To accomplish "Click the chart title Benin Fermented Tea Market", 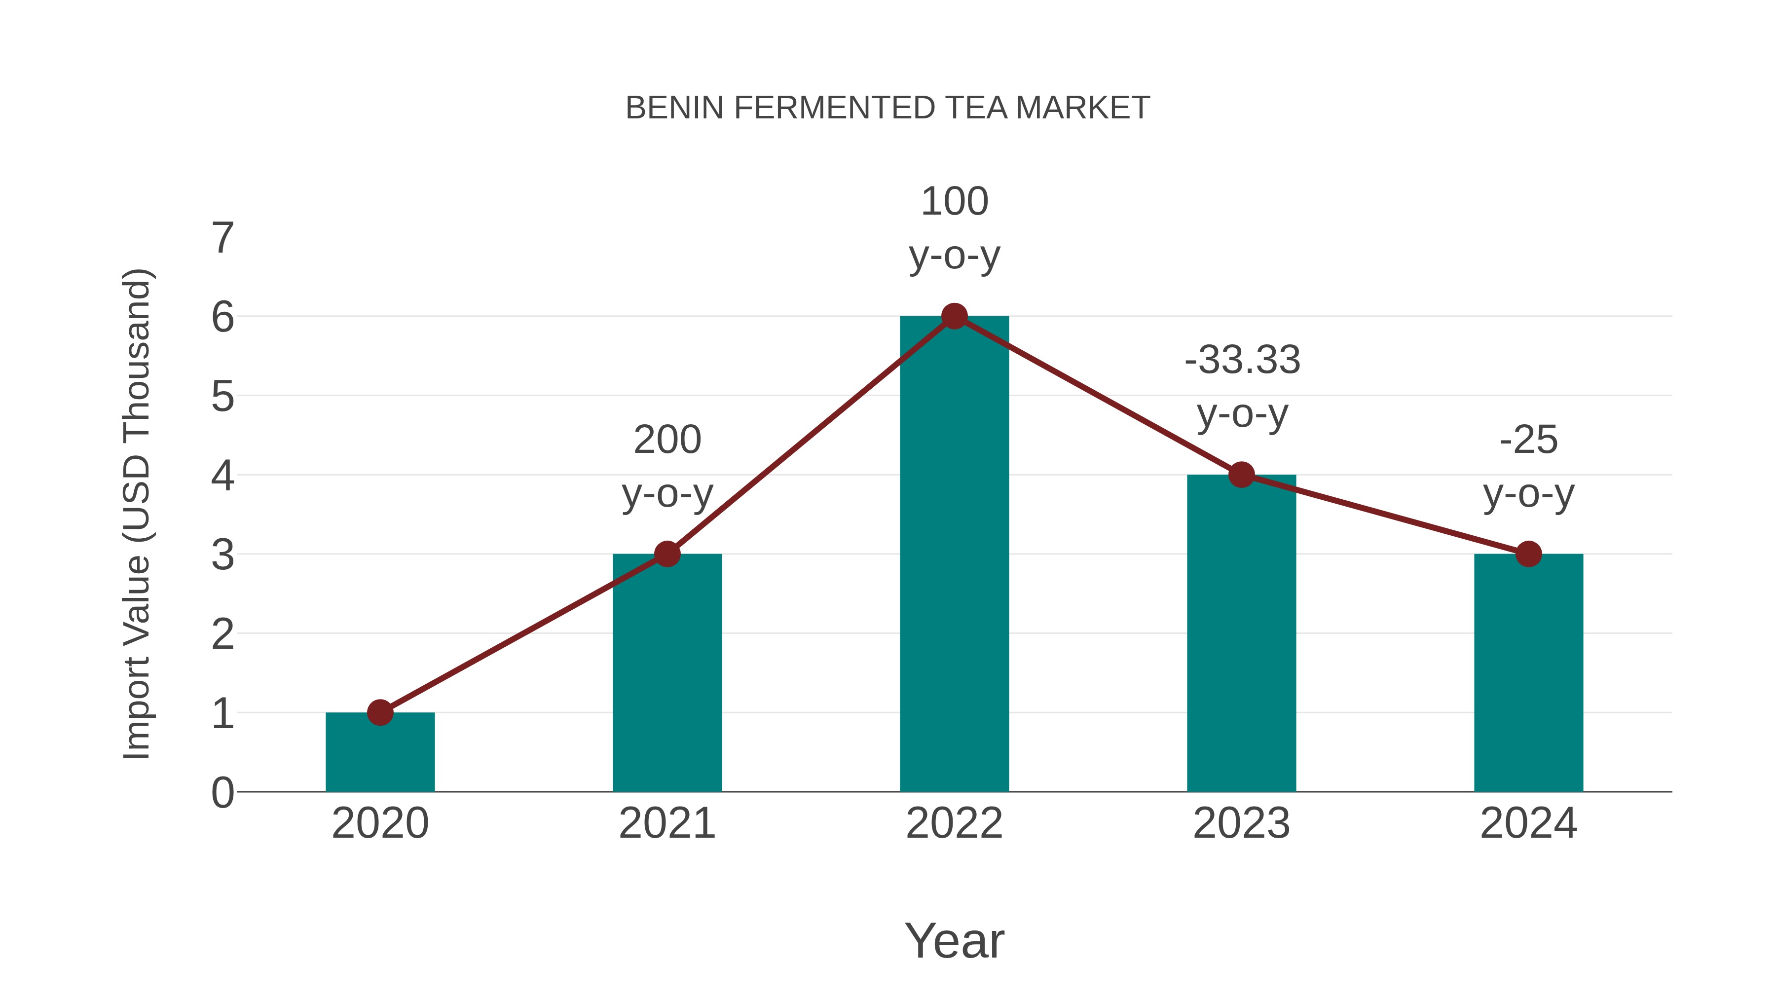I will (888, 108).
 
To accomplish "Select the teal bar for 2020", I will (380, 755).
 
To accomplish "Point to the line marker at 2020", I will (380, 712).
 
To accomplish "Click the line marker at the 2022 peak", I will (954, 316).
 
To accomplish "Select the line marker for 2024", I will (1528, 554).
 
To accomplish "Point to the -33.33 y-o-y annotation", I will (1242, 387).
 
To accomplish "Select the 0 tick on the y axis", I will (222, 792).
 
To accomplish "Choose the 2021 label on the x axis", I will (666, 823).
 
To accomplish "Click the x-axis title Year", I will (954, 940).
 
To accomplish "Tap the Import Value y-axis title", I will (137, 514).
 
